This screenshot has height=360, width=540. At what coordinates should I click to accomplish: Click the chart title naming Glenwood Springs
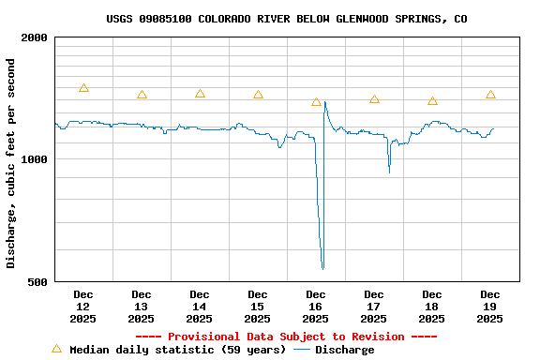tap(287, 19)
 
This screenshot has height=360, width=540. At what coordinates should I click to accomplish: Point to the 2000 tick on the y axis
tap(35, 37)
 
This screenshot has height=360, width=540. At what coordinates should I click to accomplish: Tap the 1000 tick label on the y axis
tap(35, 159)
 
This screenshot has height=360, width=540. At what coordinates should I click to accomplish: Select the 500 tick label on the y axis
tap(38, 281)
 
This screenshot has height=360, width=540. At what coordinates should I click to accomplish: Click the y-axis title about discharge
tap(11, 163)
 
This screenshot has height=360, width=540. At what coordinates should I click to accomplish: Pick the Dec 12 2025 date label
tap(83, 307)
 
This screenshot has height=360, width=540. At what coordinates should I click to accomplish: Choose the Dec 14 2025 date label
tap(200, 307)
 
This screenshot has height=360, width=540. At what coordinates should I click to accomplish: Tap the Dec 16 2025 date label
tap(316, 307)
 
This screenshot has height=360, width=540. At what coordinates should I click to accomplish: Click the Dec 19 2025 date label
tap(490, 307)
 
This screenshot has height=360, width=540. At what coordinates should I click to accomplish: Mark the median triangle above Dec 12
tap(83, 88)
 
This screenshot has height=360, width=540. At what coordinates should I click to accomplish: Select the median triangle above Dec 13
tap(142, 95)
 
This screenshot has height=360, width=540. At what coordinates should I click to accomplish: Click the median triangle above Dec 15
tap(258, 95)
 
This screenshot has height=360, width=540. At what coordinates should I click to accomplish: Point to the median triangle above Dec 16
tap(316, 102)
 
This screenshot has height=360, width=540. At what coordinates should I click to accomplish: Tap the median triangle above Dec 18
tap(432, 100)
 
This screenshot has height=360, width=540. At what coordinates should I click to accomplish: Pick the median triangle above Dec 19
tap(490, 95)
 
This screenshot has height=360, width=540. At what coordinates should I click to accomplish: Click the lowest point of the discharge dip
tap(322, 269)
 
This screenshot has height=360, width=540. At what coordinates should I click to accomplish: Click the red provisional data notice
tap(286, 337)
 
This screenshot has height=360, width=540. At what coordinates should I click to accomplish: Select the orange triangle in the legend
tap(56, 349)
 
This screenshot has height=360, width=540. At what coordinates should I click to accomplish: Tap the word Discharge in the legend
tap(344, 350)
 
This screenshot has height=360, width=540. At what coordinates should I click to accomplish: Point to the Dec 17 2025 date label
tap(374, 307)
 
